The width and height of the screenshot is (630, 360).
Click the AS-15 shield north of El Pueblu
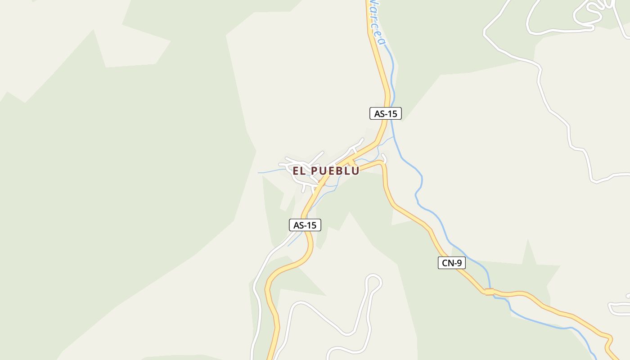tap(385, 113)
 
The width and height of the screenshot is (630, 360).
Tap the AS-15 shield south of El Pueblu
tap(305, 225)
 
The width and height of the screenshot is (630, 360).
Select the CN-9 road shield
tap(451, 263)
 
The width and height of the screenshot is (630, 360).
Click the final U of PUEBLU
tap(355, 171)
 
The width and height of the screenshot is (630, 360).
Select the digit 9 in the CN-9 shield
tap(459, 263)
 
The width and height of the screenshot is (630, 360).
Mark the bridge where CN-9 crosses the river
tap(489, 292)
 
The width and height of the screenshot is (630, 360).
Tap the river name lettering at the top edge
tap(375, 22)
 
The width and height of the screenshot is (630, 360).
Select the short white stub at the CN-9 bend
tap(384, 157)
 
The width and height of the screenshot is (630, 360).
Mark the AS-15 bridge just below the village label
tap(321, 184)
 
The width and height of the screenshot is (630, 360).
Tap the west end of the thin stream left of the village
tap(259, 173)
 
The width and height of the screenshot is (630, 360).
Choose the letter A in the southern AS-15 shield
tap(296, 225)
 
